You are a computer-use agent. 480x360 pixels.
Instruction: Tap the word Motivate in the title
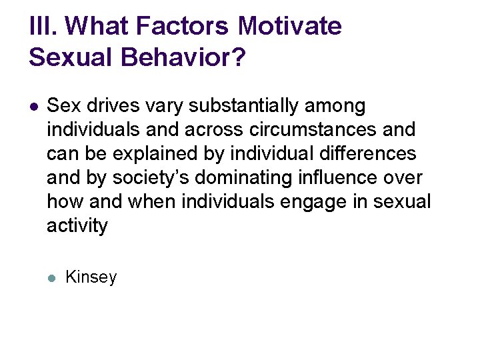click(x=289, y=27)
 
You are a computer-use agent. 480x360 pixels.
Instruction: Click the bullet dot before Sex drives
click(x=34, y=106)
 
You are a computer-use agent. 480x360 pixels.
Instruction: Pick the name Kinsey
click(x=91, y=277)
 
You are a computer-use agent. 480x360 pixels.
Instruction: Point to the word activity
click(x=77, y=227)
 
